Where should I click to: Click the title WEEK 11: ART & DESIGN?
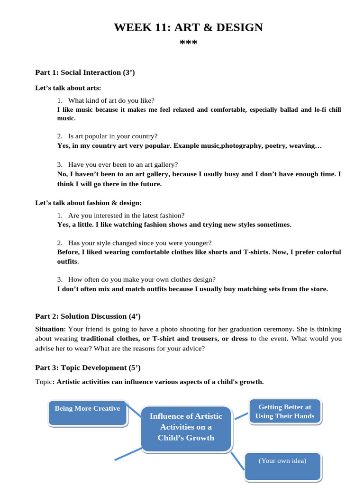(x=188, y=27)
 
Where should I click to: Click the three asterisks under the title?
(x=188, y=44)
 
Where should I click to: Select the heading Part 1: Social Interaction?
(x=85, y=72)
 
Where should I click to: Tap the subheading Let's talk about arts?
(x=68, y=88)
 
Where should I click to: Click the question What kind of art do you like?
(x=111, y=100)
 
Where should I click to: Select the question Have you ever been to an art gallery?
(x=123, y=164)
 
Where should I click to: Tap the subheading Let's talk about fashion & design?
(x=88, y=203)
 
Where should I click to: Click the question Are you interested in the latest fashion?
(x=126, y=215)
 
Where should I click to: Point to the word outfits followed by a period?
(x=67, y=261)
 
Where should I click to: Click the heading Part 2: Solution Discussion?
(x=88, y=316)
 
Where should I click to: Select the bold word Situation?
(x=50, y=329)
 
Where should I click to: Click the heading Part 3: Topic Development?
(x=88, y=368)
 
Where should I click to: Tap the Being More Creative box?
(x=88, y=412)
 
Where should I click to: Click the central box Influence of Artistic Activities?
(x=186, y=427)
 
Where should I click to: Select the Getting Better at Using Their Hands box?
(x=284, y=412)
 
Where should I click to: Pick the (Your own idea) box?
(x=282, y=466)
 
